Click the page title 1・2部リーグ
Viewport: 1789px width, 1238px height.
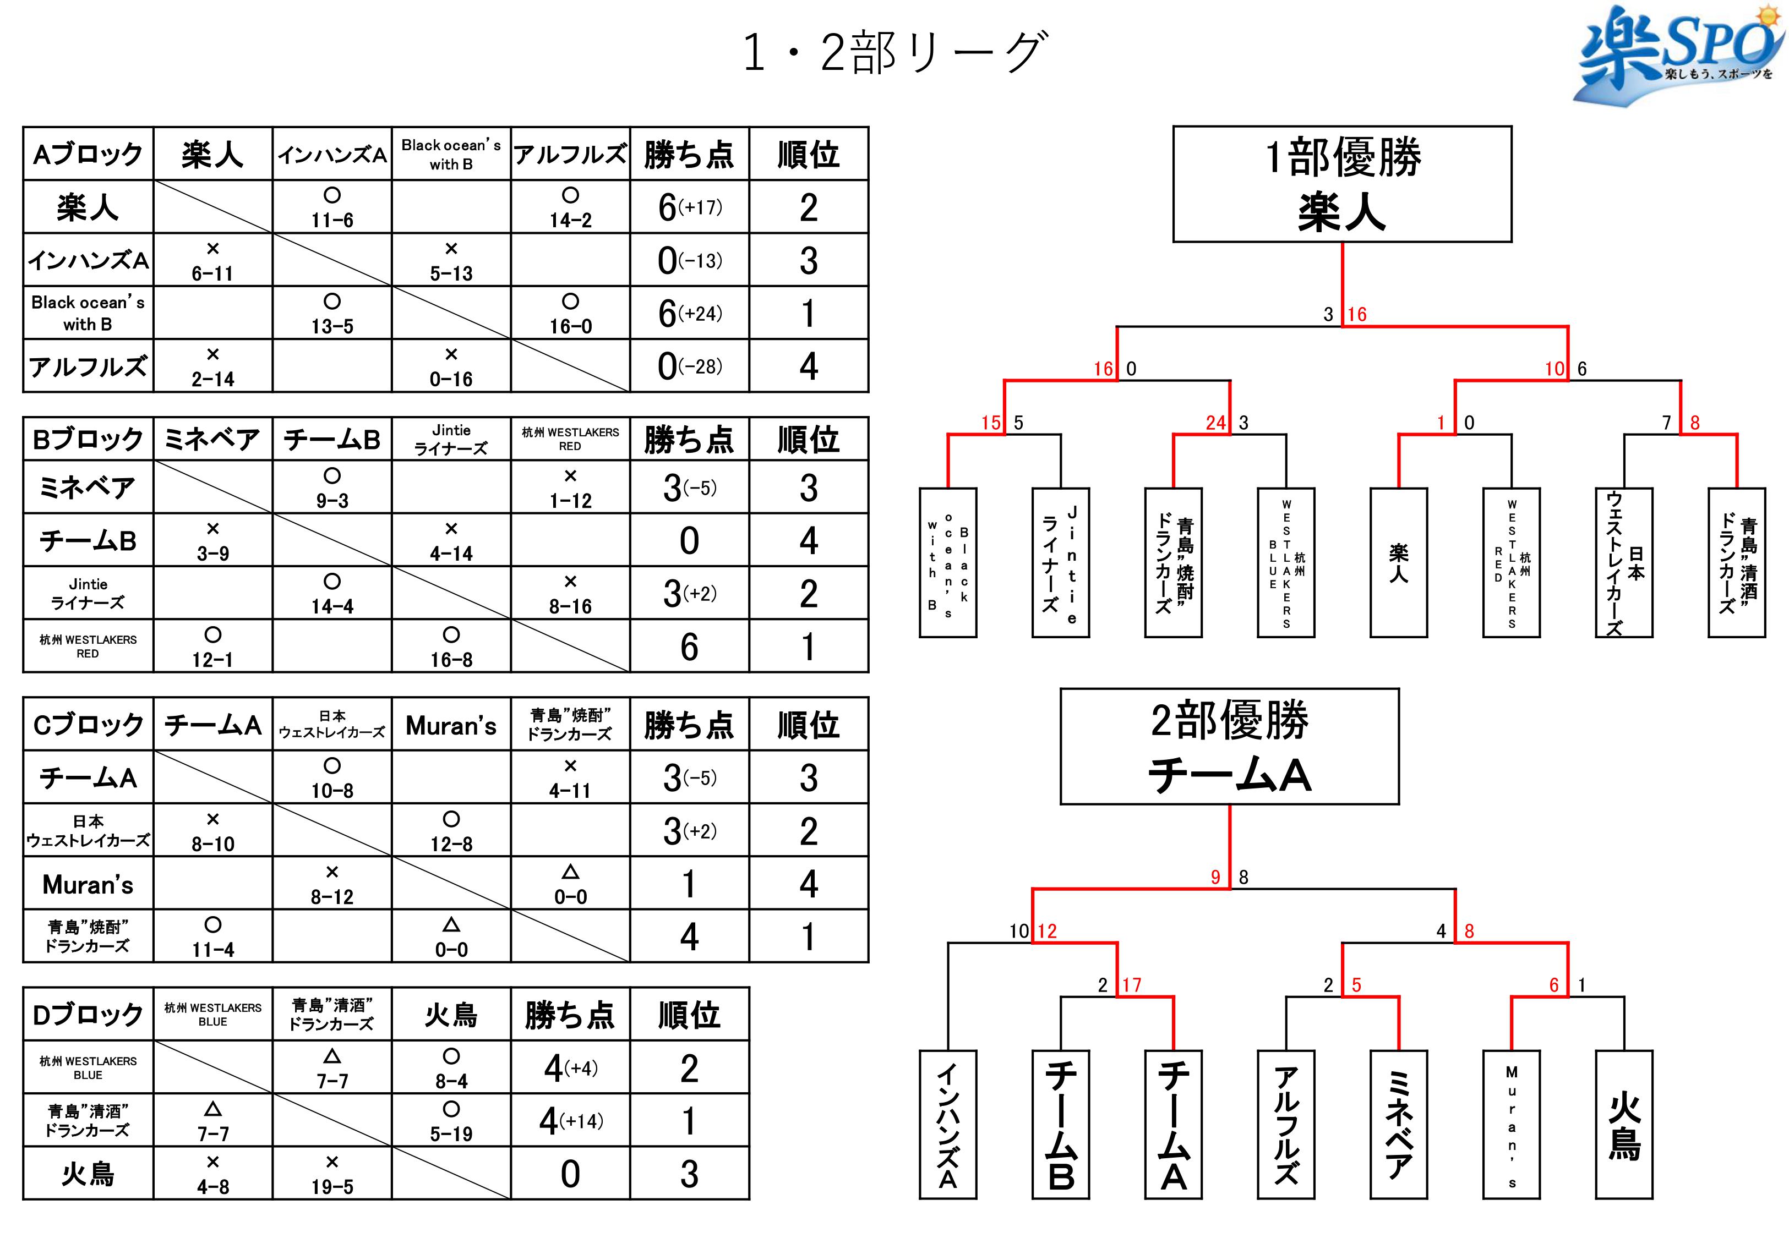(895, 53)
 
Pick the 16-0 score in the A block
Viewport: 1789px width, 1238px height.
(570, 326)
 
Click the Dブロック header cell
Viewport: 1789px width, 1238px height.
(88, 1014)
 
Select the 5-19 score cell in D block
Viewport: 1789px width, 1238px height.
(451, 1133)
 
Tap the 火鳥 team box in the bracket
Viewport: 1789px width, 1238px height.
(1624, 1125)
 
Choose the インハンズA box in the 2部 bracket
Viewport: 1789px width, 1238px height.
(947, 1125)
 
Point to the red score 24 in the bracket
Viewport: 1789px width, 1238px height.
(1215, 423)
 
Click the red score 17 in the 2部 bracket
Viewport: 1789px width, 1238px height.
(1132, 985)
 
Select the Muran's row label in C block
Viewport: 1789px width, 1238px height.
(88, 884)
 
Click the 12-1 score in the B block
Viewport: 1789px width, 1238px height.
(212, 659)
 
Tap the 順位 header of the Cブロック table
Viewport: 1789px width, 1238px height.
(809, 725)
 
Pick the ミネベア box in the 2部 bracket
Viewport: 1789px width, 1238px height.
(1398, 1125)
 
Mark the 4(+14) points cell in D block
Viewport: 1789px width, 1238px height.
(570, 1121)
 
